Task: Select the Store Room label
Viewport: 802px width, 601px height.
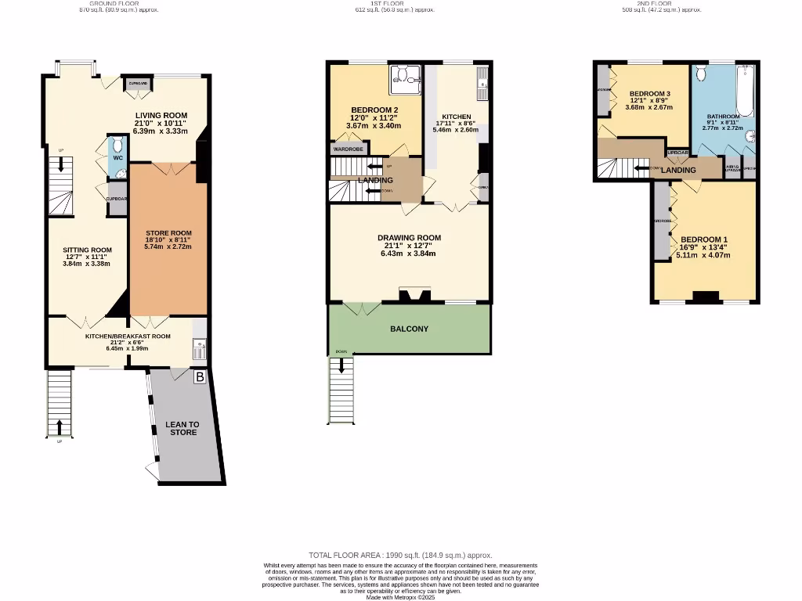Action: pos(168,232)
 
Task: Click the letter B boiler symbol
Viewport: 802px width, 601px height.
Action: pos(199,377)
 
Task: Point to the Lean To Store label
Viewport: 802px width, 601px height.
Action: pos(183,428)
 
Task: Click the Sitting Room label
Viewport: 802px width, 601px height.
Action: pos(87,250)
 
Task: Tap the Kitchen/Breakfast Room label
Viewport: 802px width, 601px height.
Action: pos(128,336)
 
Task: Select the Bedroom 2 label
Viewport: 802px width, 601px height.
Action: pos(374,110)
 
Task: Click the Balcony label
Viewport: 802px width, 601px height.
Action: pos(409,329)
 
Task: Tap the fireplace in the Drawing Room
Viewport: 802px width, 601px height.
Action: pos(414,296)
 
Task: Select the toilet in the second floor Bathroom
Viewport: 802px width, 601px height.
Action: pos(702,74)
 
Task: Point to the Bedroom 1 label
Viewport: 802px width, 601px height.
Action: pos(703,239)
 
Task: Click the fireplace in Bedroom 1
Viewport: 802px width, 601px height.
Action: pos(706,297)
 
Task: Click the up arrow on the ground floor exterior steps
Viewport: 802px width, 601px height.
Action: pos(60,426)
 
